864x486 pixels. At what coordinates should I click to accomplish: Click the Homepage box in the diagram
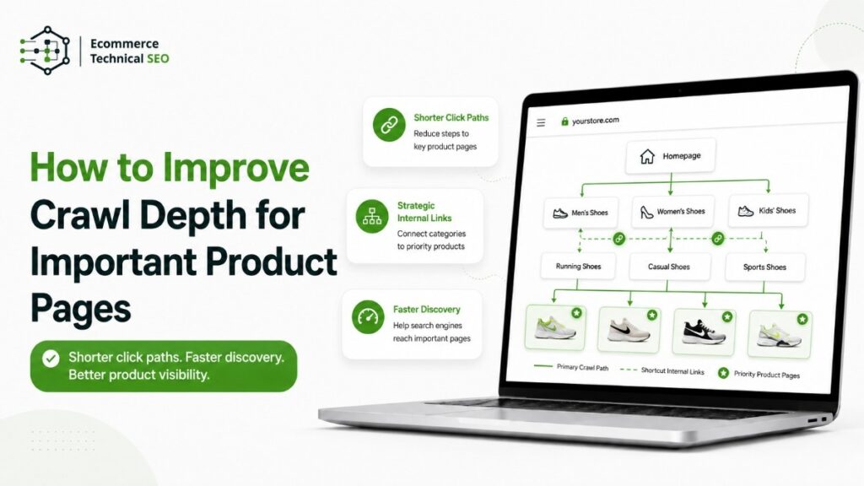coord(671,156)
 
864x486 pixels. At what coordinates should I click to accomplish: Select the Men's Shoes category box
coord(580,213)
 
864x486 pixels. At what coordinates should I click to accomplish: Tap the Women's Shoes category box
coord(672,211)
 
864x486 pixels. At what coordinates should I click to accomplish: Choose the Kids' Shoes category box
coord(768,210)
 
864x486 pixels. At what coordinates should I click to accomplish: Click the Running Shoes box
coord(578,266)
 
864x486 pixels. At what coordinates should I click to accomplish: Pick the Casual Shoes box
coord(669,267)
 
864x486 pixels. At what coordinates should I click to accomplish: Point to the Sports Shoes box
coord(764,267)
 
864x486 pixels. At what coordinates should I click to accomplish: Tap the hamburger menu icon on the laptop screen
coord(541,122)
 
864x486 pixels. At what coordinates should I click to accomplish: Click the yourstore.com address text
coord(595,121)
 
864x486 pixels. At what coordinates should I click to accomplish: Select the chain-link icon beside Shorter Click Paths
coord(389,125)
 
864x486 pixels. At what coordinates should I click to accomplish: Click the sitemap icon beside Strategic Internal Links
coord(372,216)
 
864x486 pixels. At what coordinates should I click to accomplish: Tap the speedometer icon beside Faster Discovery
coord(368,317)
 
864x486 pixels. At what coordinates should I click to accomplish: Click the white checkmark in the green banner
coord(51,359)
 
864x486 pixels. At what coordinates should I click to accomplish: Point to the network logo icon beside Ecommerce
coord(46,51)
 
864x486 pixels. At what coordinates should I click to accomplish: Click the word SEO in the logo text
coord(158,58)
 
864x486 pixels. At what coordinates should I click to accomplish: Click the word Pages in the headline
coord(80,309)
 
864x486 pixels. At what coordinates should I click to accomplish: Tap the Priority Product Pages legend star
coord(723,373)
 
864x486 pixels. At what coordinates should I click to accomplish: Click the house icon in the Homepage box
coord(647,156)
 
